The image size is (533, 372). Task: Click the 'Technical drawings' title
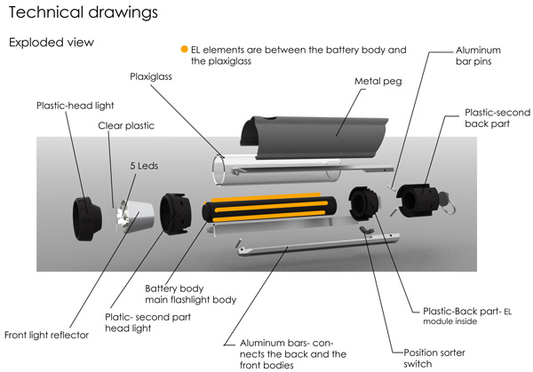point(84,12)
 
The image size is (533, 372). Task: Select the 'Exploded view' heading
point(51,42)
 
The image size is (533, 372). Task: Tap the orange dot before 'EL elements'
point(184,49)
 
